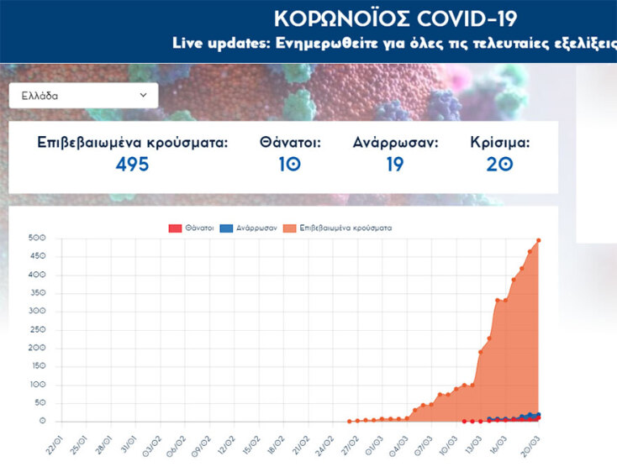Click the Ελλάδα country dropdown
coord(83,96)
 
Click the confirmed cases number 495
coord(132,165)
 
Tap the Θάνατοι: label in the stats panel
coord(290,143)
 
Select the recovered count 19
coord(395,165)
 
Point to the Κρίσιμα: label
coord(500,143)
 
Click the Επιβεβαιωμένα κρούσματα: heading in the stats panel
coord(132,143)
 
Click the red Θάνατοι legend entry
coord(191,228)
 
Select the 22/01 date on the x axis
coord(55,443)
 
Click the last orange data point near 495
coord(538,241)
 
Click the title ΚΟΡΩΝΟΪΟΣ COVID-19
coord(396,18)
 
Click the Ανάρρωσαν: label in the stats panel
coord(395,143)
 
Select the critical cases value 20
coord(500,165)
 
